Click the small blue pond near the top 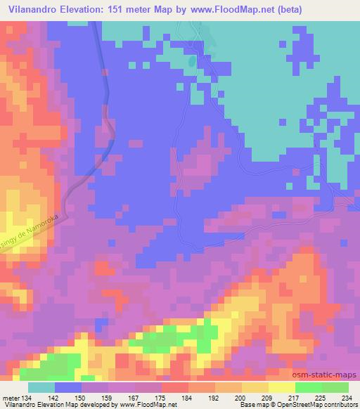click(191, 61)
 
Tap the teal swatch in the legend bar click(41, 387)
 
